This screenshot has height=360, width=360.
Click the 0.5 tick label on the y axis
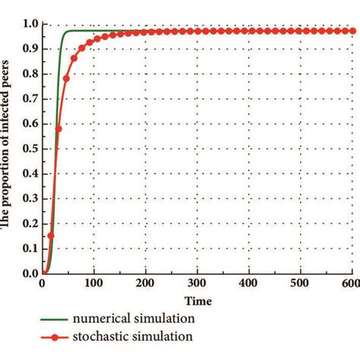click(30, 149)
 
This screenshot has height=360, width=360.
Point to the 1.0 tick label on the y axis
click(30, 25)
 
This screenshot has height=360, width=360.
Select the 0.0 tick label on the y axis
click(30, 273)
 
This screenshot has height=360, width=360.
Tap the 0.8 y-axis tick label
click(30, 74)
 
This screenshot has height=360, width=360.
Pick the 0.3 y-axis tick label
click(30, 199)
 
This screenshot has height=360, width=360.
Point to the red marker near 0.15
click(51, 235)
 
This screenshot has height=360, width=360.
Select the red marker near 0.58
click(58, 128)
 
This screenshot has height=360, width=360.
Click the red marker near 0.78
click(66, 78)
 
